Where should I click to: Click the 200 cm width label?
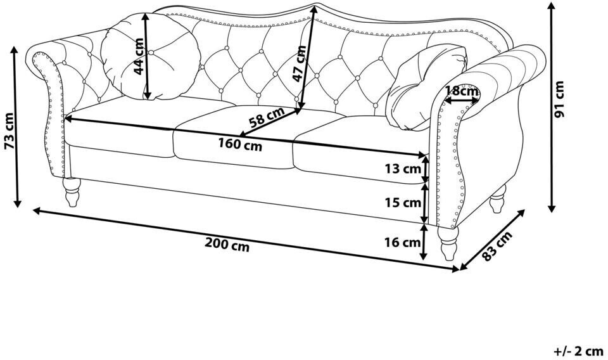point(227,245)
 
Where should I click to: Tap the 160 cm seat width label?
point(240,145)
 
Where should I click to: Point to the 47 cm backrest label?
point(299,63)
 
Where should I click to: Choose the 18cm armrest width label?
point(461,91)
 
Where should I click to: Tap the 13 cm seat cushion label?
point(403,169)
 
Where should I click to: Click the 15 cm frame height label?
point(403,202)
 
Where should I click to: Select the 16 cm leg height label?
point(403,243)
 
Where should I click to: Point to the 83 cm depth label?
point(498,246)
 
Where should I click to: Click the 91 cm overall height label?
point(559,100)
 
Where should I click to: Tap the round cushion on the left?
point(151,56)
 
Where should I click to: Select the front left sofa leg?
point(72,192)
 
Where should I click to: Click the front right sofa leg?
point(448,243)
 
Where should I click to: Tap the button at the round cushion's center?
point(151,52)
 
